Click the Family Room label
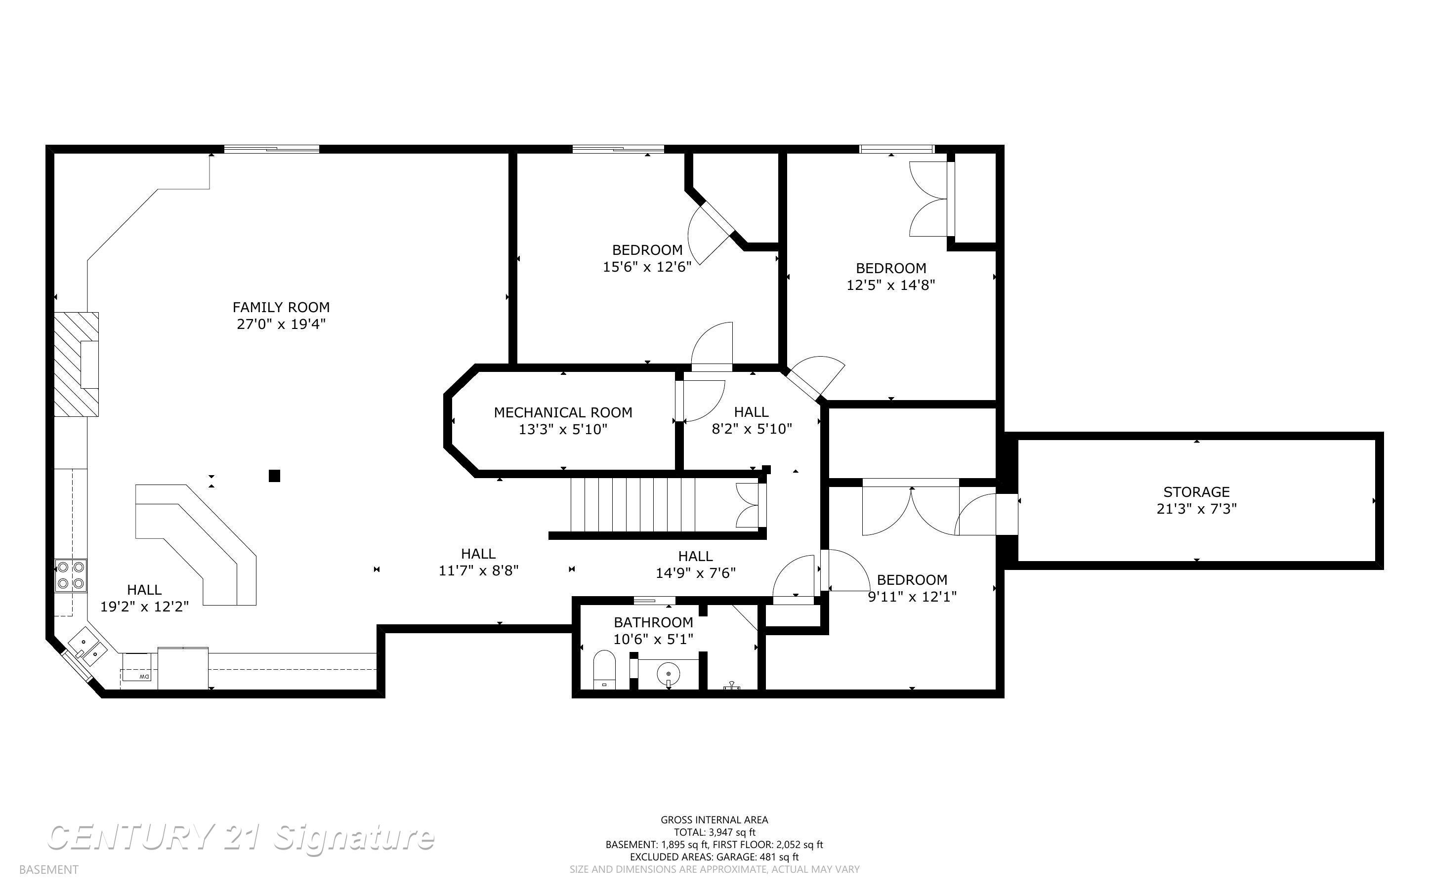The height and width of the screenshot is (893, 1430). click(281, 307)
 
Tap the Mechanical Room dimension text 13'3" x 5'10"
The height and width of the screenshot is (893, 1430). click(563, 429)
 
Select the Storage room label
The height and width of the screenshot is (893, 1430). click(1197, 491)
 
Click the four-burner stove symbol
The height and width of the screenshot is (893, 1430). click(71, 576)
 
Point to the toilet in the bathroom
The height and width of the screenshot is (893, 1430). click(604, 670)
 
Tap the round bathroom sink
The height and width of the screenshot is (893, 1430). click(669, 673)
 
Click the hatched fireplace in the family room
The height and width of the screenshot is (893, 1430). click(77, 365)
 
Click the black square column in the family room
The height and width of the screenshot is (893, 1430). click(274, 476)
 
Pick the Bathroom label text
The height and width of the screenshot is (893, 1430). click(653, 622)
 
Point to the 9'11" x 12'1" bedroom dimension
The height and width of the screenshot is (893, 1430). click(912, 597)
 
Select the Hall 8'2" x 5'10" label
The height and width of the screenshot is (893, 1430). click(752, 420)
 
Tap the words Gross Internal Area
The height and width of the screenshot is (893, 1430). click(714, 820)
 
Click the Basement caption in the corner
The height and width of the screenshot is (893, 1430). click(48, 869)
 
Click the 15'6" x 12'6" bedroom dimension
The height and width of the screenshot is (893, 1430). click(647, 267)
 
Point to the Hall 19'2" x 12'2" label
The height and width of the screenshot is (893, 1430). click(144, 598)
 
